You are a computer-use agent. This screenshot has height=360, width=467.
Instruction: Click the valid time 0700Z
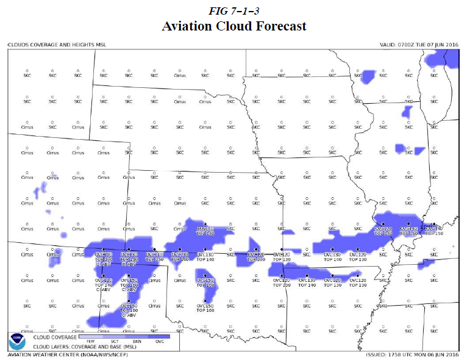[406, 45]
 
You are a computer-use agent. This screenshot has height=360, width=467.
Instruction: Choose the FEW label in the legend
[91, 342]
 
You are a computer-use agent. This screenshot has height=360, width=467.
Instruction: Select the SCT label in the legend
[115, 342]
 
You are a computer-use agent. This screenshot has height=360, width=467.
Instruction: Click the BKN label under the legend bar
[138, 342]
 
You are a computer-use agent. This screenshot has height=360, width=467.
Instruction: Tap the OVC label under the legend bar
[160, 342]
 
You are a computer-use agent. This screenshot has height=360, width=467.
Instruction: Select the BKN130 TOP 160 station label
[205, 231]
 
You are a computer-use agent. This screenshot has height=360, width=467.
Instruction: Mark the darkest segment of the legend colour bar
[160, 336]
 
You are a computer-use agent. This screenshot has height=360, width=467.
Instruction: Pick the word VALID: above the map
[388, 45]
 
